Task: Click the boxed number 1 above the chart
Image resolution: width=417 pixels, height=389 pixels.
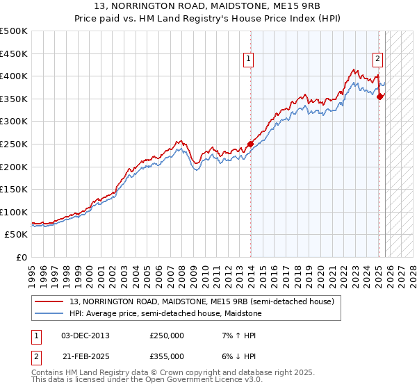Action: [x=249, y=60]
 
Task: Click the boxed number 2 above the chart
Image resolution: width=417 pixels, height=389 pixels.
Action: [x=377, y=60]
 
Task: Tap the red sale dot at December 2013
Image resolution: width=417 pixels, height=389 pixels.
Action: [x=250, y=144]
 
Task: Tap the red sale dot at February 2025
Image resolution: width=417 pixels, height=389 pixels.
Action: [x=380, y=97]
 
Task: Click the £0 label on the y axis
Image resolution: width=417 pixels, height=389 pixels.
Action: [x=22, y=257]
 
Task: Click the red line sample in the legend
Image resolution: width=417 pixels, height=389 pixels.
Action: [x=50, y=301]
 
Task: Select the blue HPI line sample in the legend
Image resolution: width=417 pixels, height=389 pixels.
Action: [x=50, y=313]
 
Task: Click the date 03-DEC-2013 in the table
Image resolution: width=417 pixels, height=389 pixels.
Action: [x=85, y=335]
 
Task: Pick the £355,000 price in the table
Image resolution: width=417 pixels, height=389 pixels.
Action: [x=167, y=356]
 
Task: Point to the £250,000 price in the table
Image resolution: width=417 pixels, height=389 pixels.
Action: [x=167, y=335]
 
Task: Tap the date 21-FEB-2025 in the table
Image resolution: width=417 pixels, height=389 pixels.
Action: [x=85, y=356]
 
